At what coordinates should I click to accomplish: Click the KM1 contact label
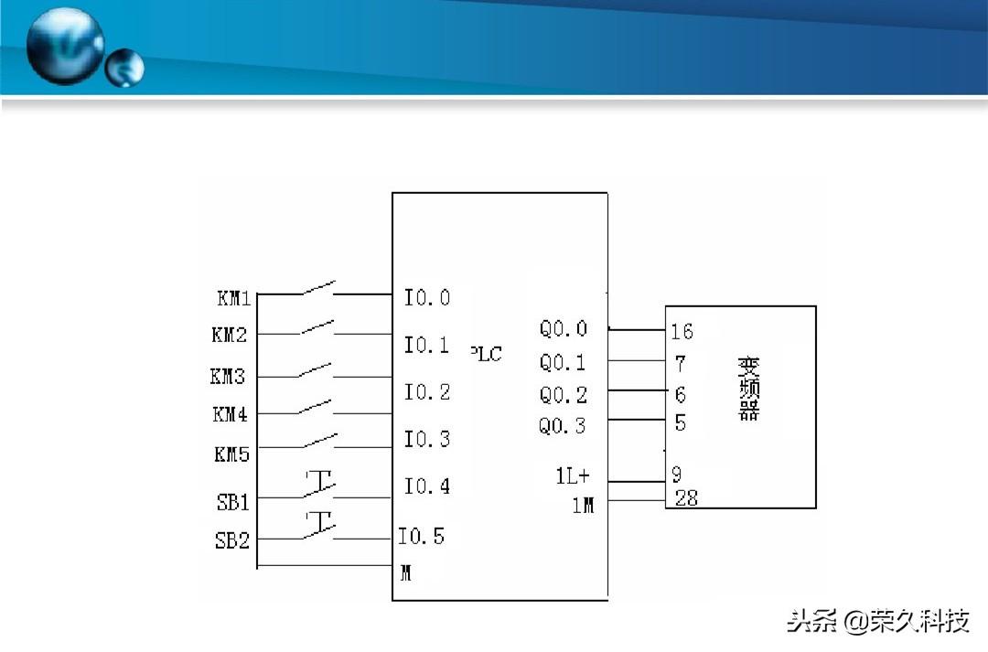tap(233, 298)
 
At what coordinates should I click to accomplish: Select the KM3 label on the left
tap(228, 376)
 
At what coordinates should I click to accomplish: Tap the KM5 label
tap(231, 453)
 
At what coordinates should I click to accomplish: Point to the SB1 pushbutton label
tap(232, 502)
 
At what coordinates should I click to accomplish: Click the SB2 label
tap(232, 540)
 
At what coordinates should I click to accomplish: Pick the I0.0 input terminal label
tap(427, 297)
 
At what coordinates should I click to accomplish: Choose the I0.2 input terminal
tap(427, 392)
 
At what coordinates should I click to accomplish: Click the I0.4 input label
tap(427, 486)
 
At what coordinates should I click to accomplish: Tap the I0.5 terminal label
tap(421, 536)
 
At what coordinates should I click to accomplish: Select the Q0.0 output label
tap(563, 329)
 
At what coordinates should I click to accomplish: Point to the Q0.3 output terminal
tap(563, 426)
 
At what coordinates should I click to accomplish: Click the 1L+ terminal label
tap(573, 476)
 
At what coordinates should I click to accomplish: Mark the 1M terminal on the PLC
tap(583, 505)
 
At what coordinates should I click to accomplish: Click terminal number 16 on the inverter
tap(682, 331)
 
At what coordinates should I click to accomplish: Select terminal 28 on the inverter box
tap(686, 498)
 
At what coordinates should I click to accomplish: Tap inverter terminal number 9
tap(677, 476)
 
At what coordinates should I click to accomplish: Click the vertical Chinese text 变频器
tap(749, 388)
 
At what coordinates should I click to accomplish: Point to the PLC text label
tap(487, 354)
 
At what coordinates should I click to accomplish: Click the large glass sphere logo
tap(64, 45)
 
